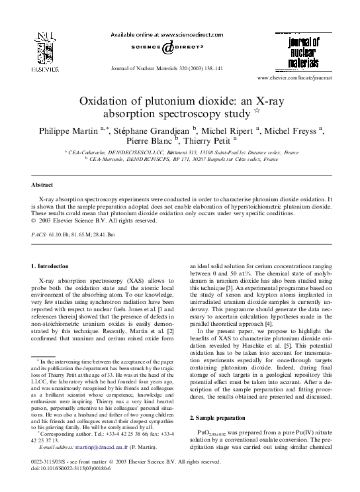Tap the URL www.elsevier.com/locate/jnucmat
tap(295, 78)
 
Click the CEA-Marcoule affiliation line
tap(179, 160)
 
